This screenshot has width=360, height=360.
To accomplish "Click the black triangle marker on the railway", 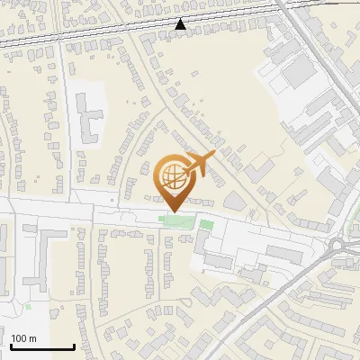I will pyautogui.click(x=181, y=24).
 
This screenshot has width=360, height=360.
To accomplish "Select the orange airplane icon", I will pyautogui.click(x=198, y=166).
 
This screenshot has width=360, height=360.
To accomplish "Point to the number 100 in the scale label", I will pyautogui.click(x=19, y=338).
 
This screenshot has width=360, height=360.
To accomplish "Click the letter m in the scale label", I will pyautogui.click(x=32, y=338).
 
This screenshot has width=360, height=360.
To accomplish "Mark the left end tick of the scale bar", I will pyautogui.click(x=11, y=346).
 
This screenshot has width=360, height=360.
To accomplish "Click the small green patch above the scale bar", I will pyautogui.click(x=28, y=307).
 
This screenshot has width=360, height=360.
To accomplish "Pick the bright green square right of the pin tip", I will pyautogui.click(x=206, y=224).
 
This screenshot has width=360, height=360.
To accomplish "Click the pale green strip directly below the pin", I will pyautogui.click(x=174, y=220).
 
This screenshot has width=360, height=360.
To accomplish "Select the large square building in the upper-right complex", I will pyautogui.click(x=298, y=76).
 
